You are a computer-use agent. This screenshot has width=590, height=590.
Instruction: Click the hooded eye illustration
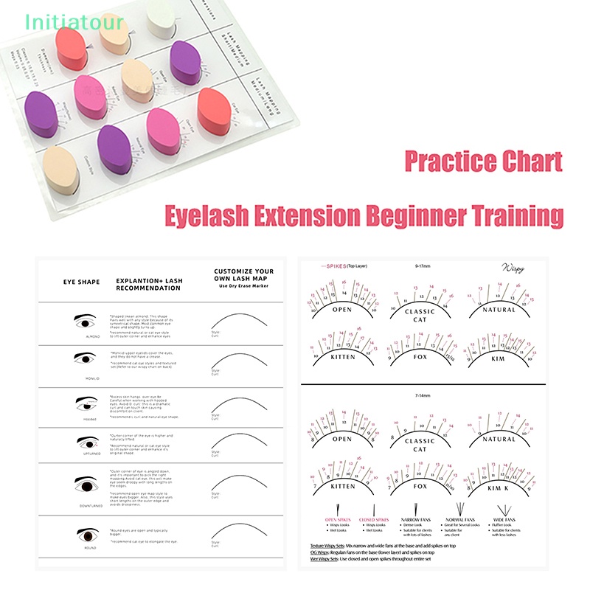[87, 403]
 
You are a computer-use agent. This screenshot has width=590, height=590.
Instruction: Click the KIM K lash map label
[499, 489]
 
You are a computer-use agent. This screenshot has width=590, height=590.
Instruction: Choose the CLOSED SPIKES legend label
[375, 518]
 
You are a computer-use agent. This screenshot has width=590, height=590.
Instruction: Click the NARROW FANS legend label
[414, 518]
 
